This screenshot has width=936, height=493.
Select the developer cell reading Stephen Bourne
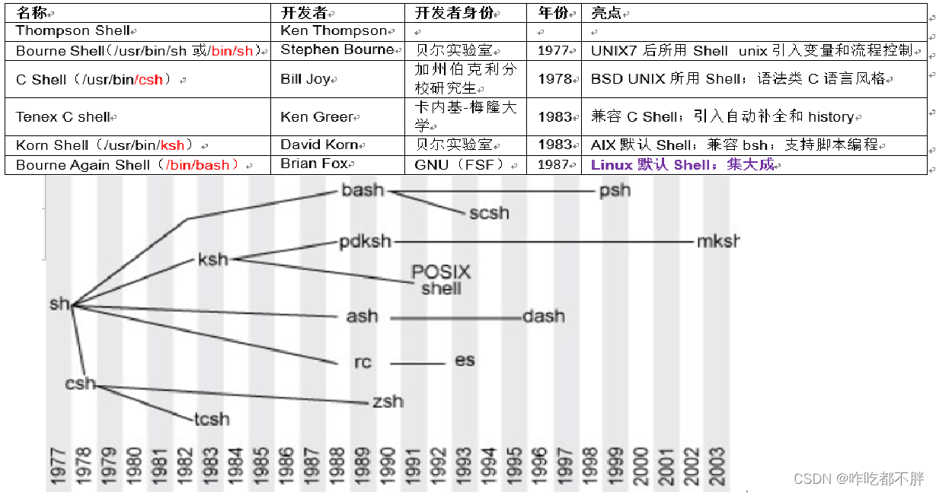337,50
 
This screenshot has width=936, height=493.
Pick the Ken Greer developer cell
317,117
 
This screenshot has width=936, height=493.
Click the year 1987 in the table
554,164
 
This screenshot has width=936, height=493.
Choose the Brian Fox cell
314,164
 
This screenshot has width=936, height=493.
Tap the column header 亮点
607,13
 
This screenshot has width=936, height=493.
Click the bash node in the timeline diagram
363,190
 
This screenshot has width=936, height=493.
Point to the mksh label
717,242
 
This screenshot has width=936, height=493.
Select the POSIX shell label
441,279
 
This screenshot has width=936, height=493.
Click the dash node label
544,316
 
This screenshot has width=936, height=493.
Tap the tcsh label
211,419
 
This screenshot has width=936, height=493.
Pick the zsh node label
388,401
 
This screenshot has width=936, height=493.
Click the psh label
615,190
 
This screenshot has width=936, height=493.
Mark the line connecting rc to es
419,364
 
